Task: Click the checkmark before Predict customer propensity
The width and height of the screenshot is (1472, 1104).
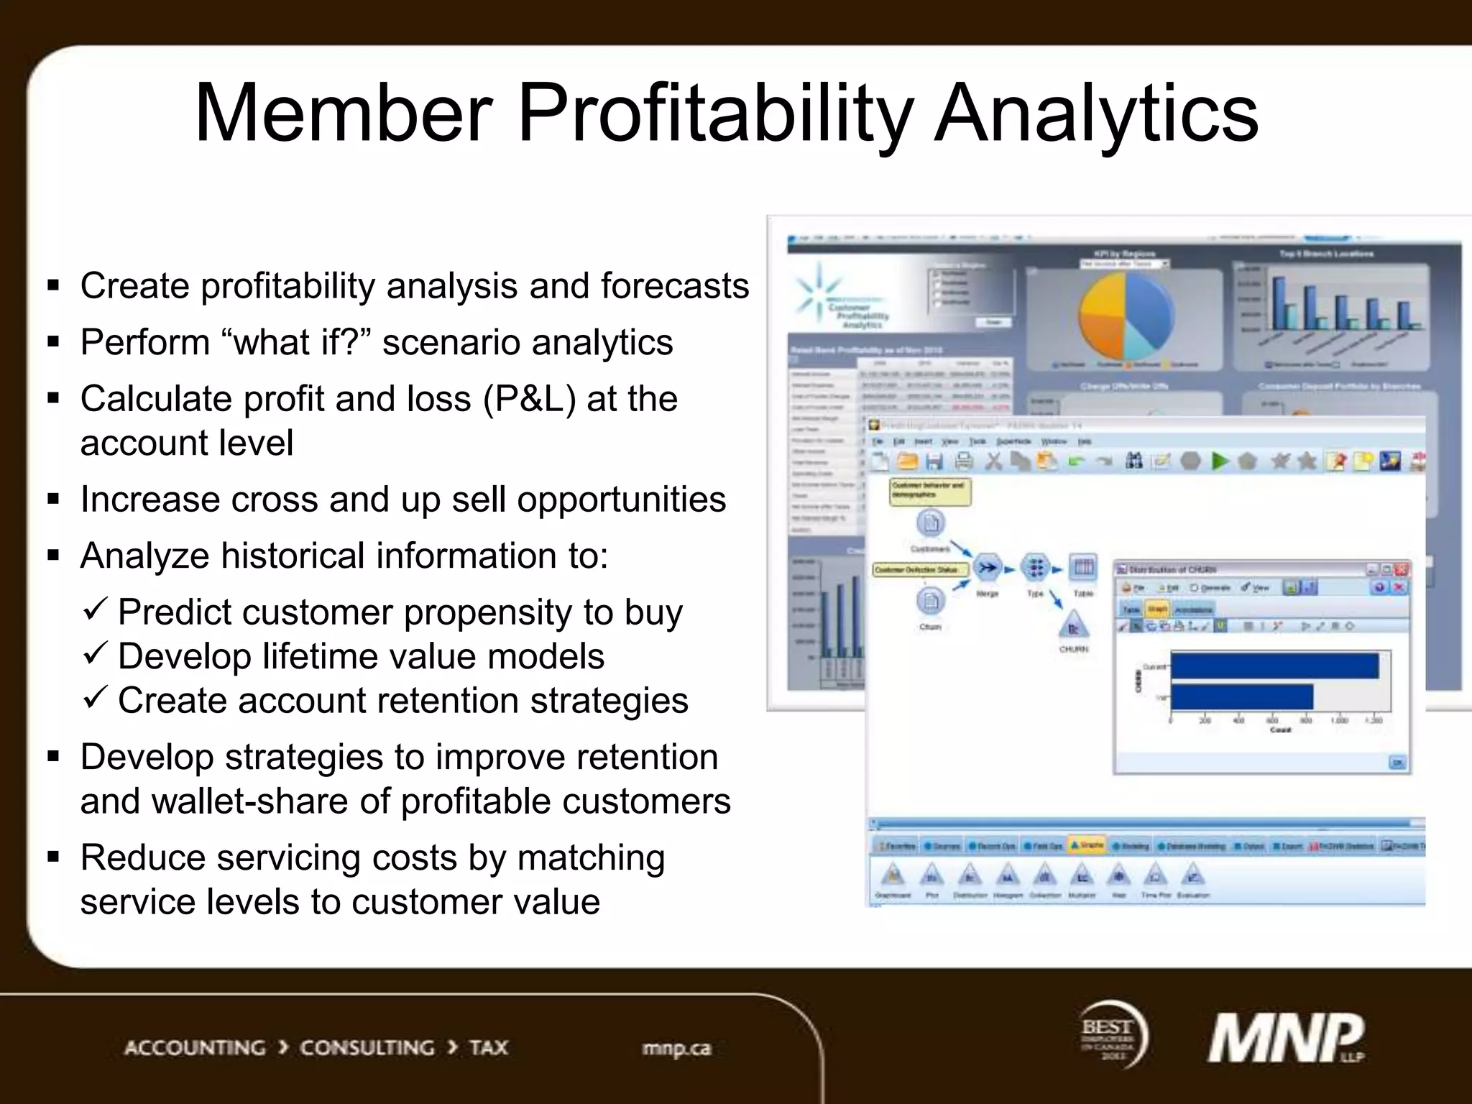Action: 96,611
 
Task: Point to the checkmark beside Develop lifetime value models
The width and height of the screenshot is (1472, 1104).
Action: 96,655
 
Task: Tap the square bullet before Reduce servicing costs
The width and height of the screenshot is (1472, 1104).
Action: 53,857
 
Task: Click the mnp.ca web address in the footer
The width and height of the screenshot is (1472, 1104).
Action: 676,1049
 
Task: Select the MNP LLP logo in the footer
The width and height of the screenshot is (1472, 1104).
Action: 1287,1038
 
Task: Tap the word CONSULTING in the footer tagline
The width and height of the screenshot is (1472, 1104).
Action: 367,1048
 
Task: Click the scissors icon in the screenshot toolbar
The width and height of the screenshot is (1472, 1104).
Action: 993,461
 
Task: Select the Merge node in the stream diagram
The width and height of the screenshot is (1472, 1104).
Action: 988,569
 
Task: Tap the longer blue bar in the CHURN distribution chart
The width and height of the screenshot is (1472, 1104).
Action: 1274,666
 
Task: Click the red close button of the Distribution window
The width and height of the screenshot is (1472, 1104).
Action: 1401,569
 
